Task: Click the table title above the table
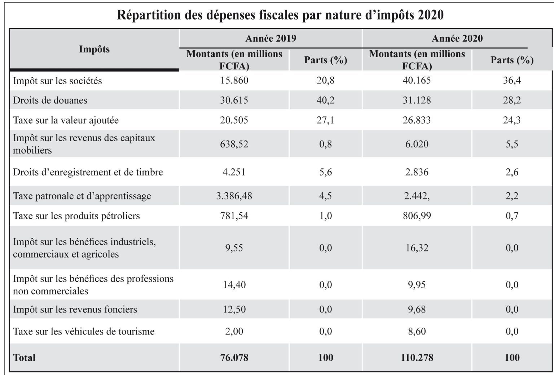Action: point(280,15)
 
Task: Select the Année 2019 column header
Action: point(271,38)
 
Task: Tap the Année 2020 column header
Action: point(457,38)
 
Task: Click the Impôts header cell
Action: point(94,49)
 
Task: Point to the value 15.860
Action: point(234,81)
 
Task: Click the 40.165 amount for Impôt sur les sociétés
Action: point(417,81)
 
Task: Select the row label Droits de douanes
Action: point(50,100)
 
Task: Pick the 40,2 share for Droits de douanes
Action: point(325,100)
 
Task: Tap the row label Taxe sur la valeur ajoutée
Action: point(66,120)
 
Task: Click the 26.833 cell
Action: point(417,120)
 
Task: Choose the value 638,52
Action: point(234,144)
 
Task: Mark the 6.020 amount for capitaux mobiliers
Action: point(417,144)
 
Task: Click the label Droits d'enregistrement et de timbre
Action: point(88,172)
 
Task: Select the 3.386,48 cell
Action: point(234,196)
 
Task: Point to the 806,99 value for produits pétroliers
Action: point(417,216)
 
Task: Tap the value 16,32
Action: point(417,248)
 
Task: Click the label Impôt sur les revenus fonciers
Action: point(75,309)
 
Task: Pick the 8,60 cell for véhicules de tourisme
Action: point(417,331)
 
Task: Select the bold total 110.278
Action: point(417,358)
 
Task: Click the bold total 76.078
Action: point(234,358)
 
